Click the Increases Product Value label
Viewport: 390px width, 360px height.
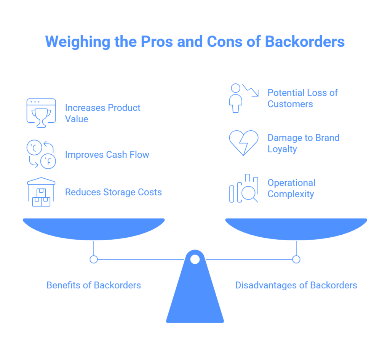(102, 113)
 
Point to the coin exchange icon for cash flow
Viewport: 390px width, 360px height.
(41, 154)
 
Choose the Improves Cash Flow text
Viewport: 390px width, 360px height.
(107, 155)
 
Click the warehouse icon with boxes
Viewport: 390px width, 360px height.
(41, 192)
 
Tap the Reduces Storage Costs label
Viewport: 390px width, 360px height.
(113, 192)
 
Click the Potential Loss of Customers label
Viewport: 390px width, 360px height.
(302, 98)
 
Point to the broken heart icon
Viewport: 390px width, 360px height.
(243, 143)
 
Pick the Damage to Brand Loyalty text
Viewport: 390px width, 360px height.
(303, 143)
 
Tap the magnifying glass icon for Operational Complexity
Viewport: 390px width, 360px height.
(244, 189)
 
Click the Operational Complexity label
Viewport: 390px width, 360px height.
(291, 188)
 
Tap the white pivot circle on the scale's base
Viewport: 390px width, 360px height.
(195, 259)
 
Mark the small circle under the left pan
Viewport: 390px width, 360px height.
(94, 259)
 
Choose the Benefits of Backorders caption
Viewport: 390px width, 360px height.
(94, 285)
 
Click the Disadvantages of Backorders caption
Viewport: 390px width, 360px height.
(296, 285)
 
